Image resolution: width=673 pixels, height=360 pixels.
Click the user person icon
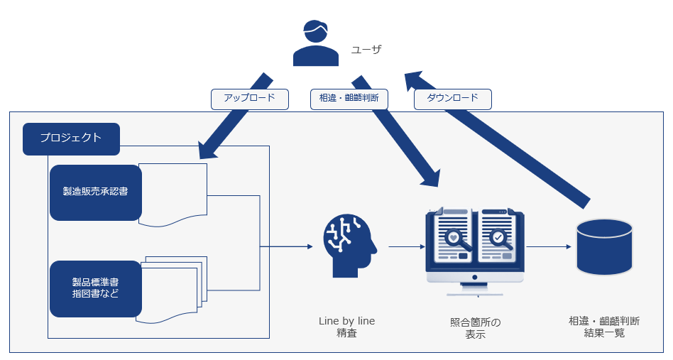point(316,43)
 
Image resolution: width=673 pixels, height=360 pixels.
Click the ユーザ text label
point(366,49)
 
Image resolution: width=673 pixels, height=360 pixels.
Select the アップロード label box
point(250,99)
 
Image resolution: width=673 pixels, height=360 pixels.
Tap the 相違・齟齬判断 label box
point(349,99)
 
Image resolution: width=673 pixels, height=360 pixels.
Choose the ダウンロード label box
point(452,99)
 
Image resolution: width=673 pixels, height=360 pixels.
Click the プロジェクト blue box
point(71,139)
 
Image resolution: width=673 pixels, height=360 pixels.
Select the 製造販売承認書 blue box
point(95,192)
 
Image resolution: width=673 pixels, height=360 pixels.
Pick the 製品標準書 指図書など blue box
point(95,288)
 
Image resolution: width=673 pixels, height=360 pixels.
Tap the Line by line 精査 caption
point(346,327)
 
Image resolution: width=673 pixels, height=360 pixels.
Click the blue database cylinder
point(604,246)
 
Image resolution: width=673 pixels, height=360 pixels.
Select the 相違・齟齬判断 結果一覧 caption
point(604,327)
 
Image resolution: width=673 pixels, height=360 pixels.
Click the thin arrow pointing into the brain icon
point(287,246)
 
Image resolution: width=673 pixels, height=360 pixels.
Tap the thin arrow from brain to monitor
point(402,246)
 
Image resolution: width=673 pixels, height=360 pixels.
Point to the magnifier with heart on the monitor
point(454,239)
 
